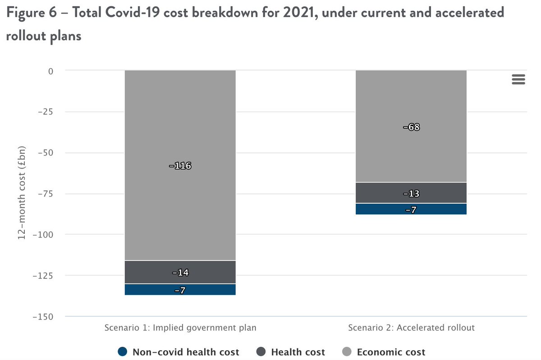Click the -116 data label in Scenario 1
coord(180,166)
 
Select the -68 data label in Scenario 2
coord(411,127)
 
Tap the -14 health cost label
coord(180,273)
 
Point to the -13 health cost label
coord(411,194)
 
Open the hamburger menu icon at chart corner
coord(518,79)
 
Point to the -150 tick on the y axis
coord(43,316)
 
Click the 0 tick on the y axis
coord(50,71)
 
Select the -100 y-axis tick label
coord(43,235)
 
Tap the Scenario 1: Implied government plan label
coord(180,328)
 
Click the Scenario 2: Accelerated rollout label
coord(411,328)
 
